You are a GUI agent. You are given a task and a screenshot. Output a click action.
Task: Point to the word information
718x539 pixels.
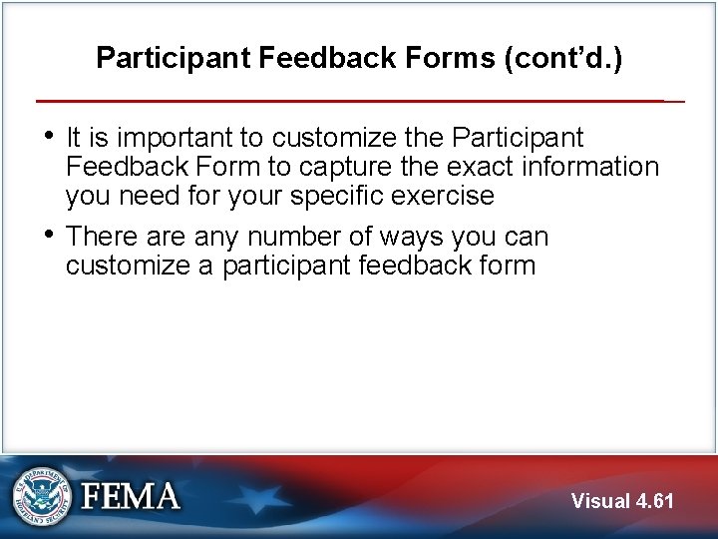(x=587, y=167)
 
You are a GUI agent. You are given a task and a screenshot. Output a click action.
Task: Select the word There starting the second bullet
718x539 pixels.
(x=103, y=238)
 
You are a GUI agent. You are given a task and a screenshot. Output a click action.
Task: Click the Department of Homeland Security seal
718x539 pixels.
(x=42, y=496)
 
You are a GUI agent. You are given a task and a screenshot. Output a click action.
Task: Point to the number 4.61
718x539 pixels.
(x=656, y=501)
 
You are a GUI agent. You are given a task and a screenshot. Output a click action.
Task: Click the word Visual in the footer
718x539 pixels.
(x=601, y=501)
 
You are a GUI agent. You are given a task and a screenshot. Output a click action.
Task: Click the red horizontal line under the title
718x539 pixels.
(x=349, y=101)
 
